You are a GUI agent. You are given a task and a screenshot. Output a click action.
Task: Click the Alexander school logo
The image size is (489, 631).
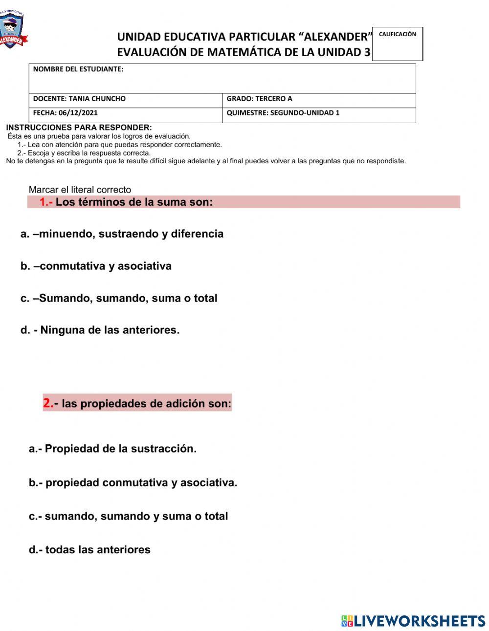click(12, 30)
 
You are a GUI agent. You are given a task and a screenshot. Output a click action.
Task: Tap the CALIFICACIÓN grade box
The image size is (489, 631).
click(397, 44)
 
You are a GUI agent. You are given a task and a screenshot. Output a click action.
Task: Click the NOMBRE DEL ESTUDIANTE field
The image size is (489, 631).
click(222, 78)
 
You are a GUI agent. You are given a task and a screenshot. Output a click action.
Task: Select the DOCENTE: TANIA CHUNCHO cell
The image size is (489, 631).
click(126, 99)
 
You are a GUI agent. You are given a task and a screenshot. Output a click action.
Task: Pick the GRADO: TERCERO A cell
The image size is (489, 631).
click(319, 99)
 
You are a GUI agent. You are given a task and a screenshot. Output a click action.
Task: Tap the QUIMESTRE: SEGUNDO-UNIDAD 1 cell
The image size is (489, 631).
click(319, 113)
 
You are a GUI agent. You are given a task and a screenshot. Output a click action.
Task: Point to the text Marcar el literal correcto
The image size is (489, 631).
click(80, 190)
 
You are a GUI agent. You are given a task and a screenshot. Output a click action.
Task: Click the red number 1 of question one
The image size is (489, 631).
click(44, 202)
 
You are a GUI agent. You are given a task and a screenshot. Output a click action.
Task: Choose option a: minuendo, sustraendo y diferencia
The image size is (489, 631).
click(122, 234)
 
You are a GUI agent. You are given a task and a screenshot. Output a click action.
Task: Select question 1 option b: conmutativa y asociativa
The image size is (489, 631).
click(96, 266)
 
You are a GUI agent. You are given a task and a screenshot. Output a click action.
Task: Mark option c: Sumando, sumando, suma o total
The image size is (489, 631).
click(119, 298)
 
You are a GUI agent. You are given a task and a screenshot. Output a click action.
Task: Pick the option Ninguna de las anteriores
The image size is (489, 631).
click(100, 330)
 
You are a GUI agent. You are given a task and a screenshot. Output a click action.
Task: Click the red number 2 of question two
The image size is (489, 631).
click(48, 403)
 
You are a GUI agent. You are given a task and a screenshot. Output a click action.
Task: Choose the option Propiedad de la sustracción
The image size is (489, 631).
click(112, 449)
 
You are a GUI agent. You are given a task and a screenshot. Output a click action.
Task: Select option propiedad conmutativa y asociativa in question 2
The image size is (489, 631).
click(133, 483)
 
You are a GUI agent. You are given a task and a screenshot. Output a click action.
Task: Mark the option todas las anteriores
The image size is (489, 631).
click(89, 550)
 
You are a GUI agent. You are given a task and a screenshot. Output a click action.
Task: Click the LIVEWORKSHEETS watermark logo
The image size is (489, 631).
click(413, 621)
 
